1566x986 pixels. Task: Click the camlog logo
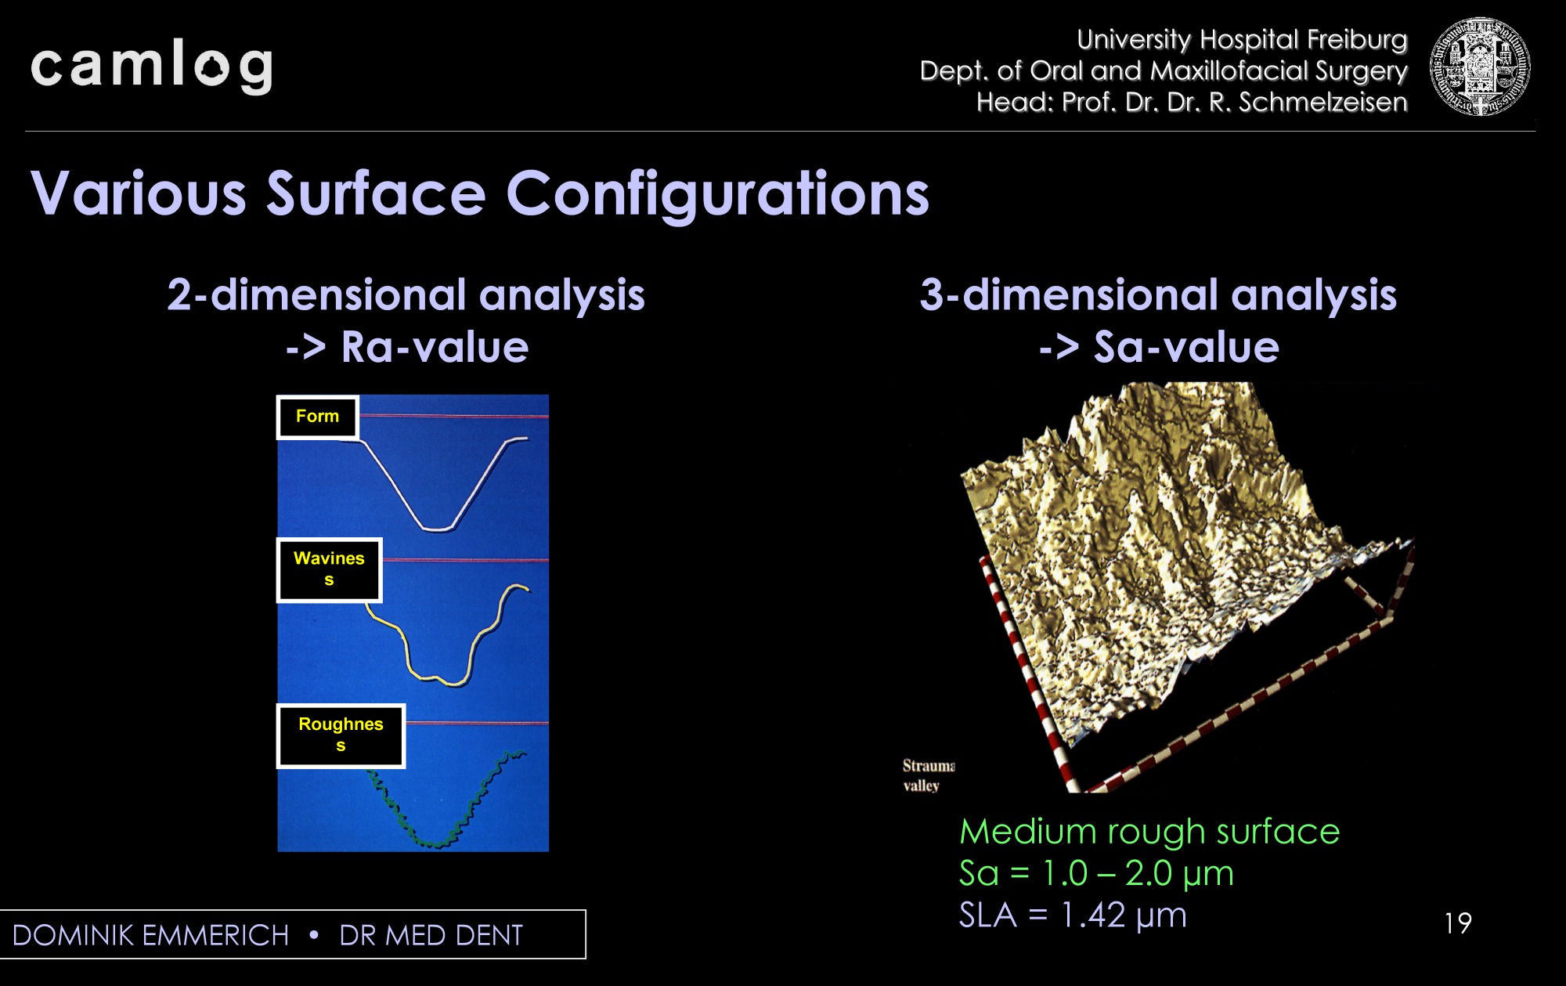click(x=152, y=67)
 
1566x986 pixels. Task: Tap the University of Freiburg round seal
click(x=1479, y=67)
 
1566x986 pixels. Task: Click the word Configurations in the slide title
click(x=718, y=194)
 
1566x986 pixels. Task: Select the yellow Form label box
click(x=317, y=417)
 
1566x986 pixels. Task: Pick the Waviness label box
click(x=329, y=569)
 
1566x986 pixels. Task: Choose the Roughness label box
click(x=341, y=735)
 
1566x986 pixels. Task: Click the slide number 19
click(x=1458, y=923)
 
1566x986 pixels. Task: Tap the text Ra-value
click(x=435, y=347)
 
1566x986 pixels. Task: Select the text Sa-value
click(x=1186, y=347)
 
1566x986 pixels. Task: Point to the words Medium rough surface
click(x=1149, y=831)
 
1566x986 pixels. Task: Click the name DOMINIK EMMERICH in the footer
click(x=151, y=935)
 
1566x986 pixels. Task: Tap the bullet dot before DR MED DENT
click(x=314, y=934)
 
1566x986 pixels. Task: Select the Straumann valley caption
click(x=929, y=775)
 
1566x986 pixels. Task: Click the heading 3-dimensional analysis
click(x=1158, y=295)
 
